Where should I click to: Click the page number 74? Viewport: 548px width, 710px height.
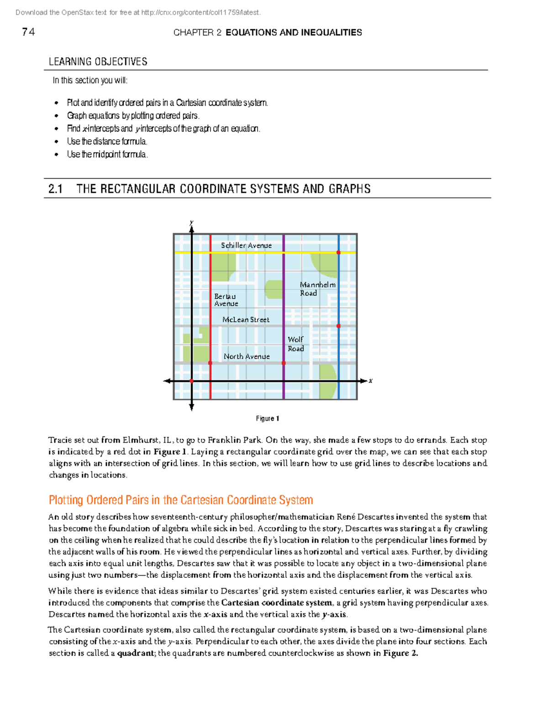tap(28, 32)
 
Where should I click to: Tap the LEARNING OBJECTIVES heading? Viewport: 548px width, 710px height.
tap(98, 62)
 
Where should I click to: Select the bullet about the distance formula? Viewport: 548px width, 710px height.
tap(107, 141)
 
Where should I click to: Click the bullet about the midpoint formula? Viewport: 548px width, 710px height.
tap(107, 154)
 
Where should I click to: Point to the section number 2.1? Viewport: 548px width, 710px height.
tap(56, 189)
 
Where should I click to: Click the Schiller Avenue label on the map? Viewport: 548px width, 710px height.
tap(246, 246)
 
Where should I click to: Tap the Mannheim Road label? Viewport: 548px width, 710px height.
tap(317, 289)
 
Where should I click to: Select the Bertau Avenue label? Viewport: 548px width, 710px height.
tap(226, 300)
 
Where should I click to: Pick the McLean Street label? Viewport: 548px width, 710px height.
tap(246, 320)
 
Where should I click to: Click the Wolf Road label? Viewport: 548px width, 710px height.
tap(296, 344)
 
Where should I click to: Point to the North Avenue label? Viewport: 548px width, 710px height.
tap(247, 356)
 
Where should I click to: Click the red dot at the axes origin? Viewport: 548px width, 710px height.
tap(191, 381)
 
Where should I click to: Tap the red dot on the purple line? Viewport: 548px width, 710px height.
tap(284, 363)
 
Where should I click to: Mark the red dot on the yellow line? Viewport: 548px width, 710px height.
tap(338, 252)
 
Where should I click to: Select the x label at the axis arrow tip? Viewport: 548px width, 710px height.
tap(370, 380)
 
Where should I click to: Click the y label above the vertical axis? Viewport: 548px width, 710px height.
tap(191, 223)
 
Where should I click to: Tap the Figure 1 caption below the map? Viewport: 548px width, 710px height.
tap(268, 418)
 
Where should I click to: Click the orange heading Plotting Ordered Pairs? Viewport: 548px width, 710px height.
tap(181, 500)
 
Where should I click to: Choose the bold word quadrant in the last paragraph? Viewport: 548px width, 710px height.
tap(136, 653)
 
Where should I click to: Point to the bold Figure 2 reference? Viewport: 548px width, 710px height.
tap(400, 653)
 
